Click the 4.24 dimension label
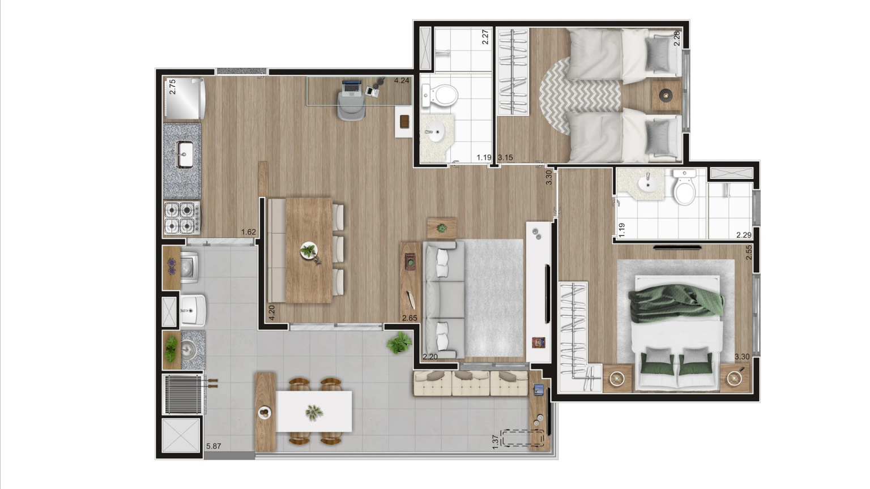402,81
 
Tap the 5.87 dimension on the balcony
214,447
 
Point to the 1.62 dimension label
249,232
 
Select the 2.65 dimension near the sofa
410,318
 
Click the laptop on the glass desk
352,87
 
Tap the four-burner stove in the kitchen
182,218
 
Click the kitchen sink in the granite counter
185,154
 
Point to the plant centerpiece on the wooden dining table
310,251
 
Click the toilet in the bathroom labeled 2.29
684,187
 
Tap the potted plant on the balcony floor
399,342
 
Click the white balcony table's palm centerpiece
314,412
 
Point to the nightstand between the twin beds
666,95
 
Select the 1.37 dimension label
495,442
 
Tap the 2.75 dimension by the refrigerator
173,87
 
